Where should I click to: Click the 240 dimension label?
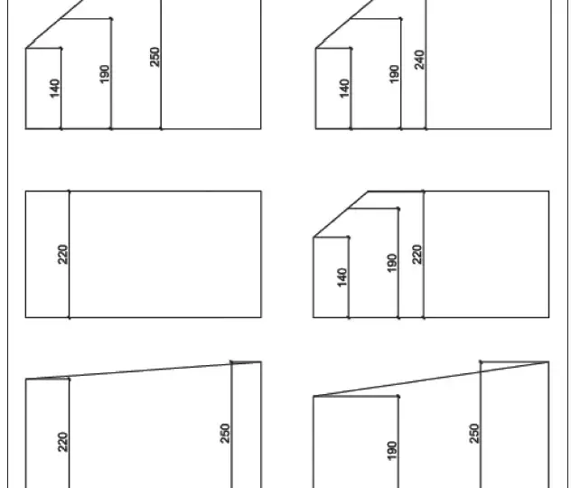pyautogui.click(x=419, y=60)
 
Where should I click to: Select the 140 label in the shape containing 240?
pyautogui.click(x=344, y=89)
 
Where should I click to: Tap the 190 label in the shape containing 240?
pyautogui.click(x=394, y=74)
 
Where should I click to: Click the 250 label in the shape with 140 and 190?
pyautogui.click(x=155, y=57)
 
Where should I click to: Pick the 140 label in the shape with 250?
pyautogui.click(x=54, y=89)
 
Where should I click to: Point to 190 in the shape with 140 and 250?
pyautogui.click(x=105, y=74)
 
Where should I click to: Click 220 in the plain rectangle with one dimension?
pyautogui.click(x=63, y=255)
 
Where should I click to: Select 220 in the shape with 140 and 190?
pyautogui.click(x=416, y=255)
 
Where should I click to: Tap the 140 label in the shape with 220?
pyautogui.click(x=342, y=277)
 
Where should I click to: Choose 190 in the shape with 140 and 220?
pyautogui.click(x=392, y=263)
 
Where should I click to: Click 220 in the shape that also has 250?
pyautogui.click(x=63, y=442)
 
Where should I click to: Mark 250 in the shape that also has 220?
pyautogui.click(x=225, y=434)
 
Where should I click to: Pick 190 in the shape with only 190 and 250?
pyautogui.click(x=392, y=451)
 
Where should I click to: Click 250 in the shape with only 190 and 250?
pyautogui.click(x=473, y=434)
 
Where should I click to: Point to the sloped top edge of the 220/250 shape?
pyautogui.click(x=143, y=371)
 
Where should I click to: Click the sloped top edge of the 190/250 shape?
pyautogui.click(x=431, y=380)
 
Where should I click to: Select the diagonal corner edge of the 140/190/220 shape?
pyautogui.click(x=341, y=214)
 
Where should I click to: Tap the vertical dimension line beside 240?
pyautogui.click(x=426, y=64)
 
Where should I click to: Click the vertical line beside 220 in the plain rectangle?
pyautogui.click(x=70, y=254)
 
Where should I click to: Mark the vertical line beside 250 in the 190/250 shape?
pyautogui.click(x=481, y=425)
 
